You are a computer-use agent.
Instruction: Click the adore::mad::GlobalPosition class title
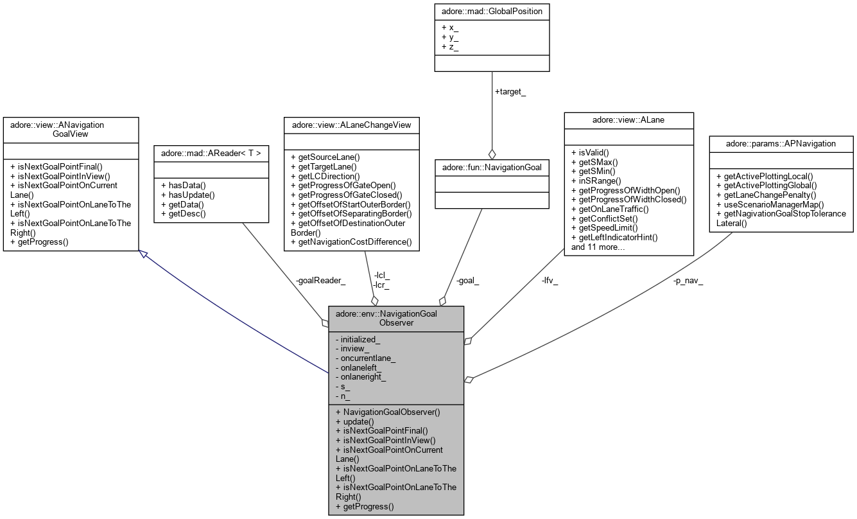(492, 12)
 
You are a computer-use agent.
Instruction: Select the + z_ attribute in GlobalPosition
(449, 47)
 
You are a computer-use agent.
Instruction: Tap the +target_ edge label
(510, 92)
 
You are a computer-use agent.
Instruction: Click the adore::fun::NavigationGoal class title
(492, 168)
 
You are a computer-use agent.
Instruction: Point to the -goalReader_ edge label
(320, 281)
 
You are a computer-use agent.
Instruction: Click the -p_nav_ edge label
(688, 281)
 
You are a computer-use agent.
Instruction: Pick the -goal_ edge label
(468, 281)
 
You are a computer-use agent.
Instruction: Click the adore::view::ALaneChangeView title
(351, 125)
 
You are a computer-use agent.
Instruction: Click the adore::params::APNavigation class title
(781, 143)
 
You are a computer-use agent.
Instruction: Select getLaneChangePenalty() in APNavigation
(766, 195)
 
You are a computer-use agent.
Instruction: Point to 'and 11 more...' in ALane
(598, 247)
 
